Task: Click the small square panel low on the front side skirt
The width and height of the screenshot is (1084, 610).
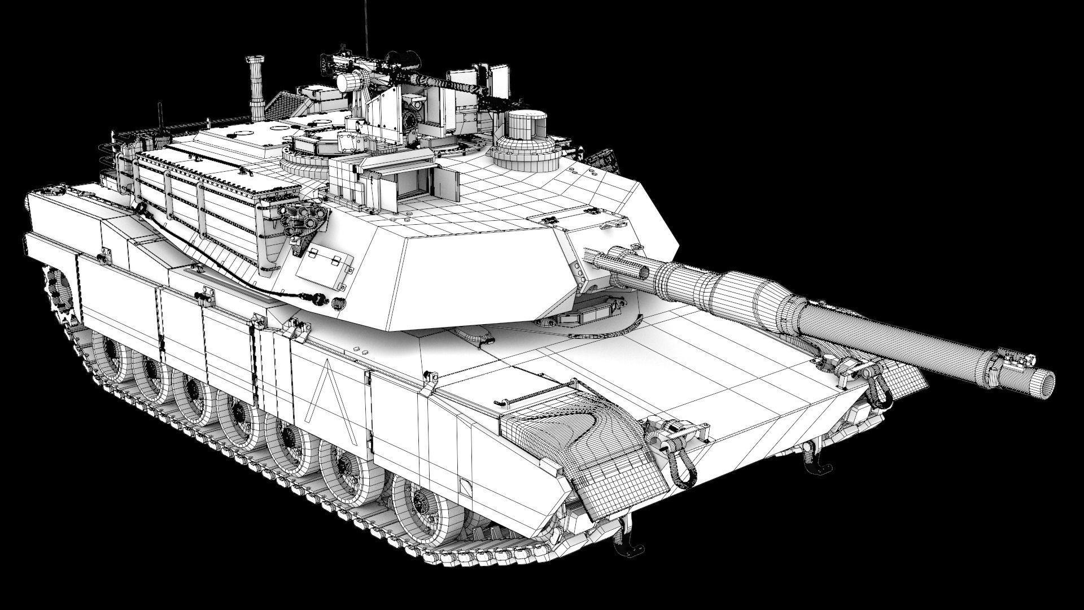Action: [464, 486]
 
